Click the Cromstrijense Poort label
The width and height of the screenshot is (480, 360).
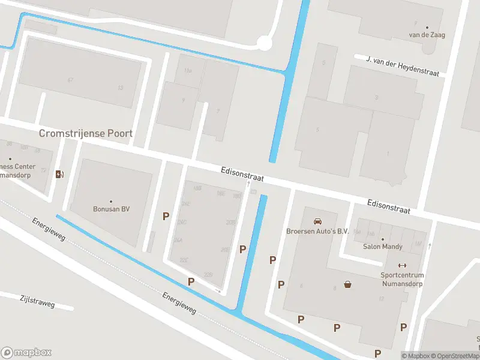(85, 133)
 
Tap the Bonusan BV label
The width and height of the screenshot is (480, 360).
(111, 209)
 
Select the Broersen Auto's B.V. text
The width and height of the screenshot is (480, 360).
(317, 231)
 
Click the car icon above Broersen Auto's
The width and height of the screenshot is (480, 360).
(317, 221)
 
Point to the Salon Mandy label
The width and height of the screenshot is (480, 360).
(382, 246)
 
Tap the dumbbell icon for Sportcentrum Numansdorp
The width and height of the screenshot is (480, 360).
(403, 266)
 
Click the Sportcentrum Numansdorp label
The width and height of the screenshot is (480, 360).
(403, 280)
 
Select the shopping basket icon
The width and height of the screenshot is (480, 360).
(347, 284)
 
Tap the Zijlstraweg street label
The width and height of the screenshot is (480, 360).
(37, 301)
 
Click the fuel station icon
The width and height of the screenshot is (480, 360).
(59, 175)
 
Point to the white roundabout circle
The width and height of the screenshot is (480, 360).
(265, 43)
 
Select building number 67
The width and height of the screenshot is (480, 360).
(70, 80)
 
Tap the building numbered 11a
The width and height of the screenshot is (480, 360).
(188, 71)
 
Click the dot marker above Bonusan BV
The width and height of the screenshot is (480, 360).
(111, 201)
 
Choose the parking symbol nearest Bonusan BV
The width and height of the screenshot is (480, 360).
(166, 216)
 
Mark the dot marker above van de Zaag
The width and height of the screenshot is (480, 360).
(427, 28)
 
